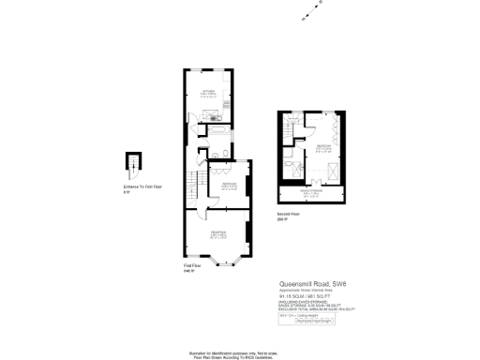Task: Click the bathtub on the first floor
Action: click(220, 132)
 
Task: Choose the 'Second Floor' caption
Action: click(288, 214)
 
